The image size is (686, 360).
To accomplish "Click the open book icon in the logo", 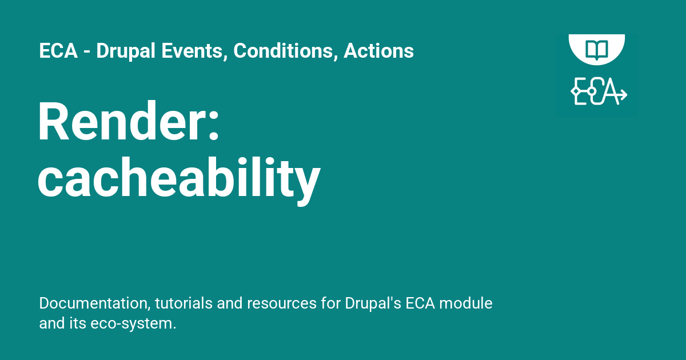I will tap(596, 48).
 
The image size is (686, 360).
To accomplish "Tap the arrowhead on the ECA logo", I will tap(623, 94).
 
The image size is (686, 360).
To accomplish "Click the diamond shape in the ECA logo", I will tap(575, 92).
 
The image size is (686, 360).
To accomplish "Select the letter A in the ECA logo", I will tap(611, 91).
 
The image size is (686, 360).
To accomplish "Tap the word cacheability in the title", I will tap(179, 178).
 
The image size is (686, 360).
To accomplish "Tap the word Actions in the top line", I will tap(378, 51).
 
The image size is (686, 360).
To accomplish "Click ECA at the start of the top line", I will tap(58, 51).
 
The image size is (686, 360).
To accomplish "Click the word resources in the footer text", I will tap(266, 303).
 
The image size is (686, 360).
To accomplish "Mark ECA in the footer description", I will tap(421, 303).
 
